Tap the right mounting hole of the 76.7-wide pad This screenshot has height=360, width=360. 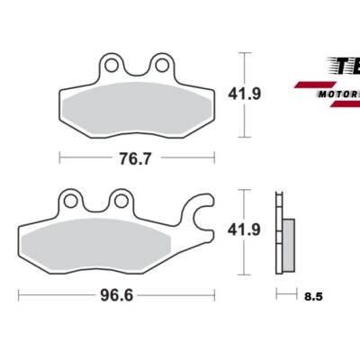163,65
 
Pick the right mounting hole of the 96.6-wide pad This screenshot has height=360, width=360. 121,200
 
